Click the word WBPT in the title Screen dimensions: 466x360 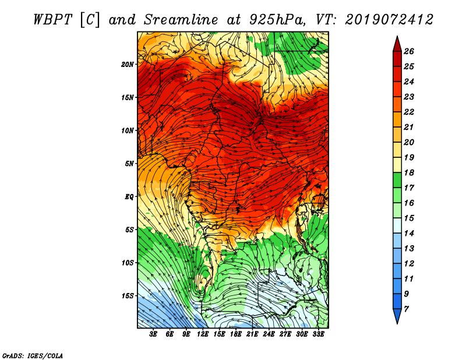pos(52,20)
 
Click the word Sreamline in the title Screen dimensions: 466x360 pos(181,20)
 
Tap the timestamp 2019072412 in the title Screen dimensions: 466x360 pos(389,20)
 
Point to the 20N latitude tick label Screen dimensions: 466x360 pos(128,64)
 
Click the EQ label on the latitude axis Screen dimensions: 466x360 pos(129,196)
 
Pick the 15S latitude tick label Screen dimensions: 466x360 pos(128,296)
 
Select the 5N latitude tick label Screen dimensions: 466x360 pos(130,164)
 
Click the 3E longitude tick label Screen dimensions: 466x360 pos(153,334)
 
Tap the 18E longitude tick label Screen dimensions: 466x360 pos(235,334)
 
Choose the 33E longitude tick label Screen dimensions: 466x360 pos(318,334)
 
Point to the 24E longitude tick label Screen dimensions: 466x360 pos(269,334)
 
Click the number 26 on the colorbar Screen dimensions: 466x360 pos(409,51)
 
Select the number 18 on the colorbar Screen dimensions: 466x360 pos(409,172)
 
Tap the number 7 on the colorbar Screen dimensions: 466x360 pos(406,309)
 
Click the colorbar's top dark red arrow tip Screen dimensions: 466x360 pos(397,36)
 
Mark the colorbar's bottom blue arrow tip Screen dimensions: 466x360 pos(397,323)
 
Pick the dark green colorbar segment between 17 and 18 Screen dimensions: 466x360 pos(397,180)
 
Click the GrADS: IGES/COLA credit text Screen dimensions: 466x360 pos(33,355)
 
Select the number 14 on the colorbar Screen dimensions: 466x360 pos(409,234)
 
